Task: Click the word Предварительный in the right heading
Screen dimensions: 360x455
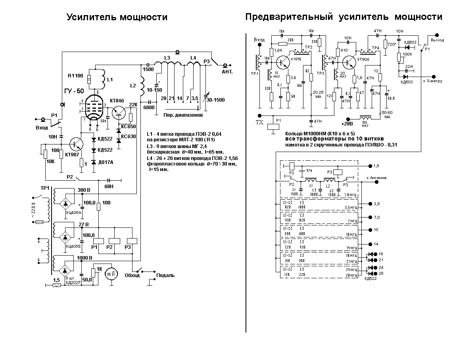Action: [x=289, y=17]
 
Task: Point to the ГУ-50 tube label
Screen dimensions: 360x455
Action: [x=75, y=91]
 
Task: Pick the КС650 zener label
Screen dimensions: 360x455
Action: [x=128, y=127]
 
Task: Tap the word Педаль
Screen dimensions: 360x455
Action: [x=165, y=275]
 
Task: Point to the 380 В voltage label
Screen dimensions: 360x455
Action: [x=84, y=190]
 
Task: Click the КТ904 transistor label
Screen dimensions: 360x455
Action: [x=363, y=59]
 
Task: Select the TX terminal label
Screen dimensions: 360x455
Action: [x=259, y=123]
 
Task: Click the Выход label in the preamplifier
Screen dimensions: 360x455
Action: [x=437, y=40]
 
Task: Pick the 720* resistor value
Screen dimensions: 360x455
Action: [x=392, y=44]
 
